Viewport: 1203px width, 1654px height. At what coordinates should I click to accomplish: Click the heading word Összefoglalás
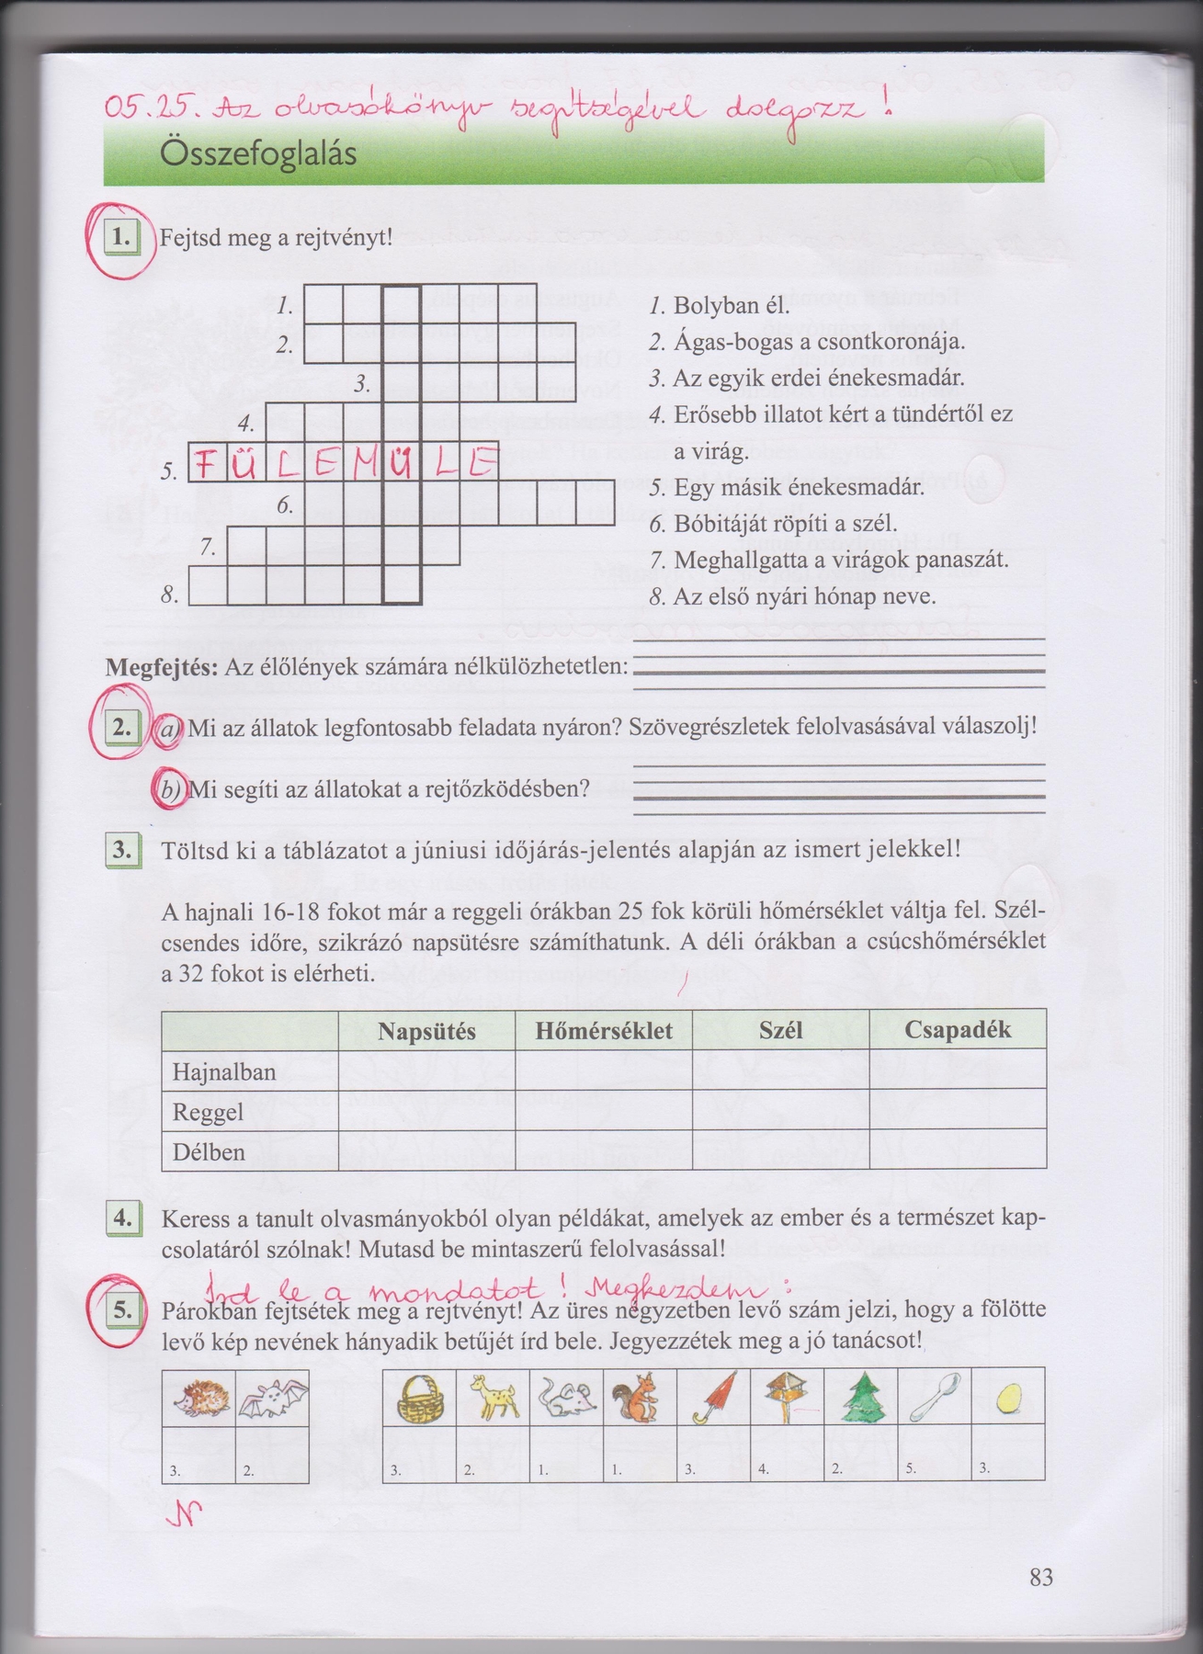[x=258, y=153]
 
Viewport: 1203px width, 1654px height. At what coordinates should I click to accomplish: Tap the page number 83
[x=1040, y=1578]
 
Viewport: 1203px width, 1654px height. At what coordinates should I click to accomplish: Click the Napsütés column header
[x=426, y=1031]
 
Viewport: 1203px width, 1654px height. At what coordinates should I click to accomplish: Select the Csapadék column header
[x=958, y=1030]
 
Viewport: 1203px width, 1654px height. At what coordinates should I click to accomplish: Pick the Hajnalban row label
[x=224, y=1071]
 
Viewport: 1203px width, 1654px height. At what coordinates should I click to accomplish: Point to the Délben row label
[x=210, y=1151]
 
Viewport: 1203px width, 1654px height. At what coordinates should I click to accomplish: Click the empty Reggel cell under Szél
[x=780, y=1111]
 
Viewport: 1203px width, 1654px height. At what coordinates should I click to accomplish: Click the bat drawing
[x=271, y=1399]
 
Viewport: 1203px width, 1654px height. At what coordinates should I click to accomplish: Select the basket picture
[x=419, y=1399]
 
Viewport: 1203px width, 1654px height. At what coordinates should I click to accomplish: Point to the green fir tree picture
[x=860, y=1399]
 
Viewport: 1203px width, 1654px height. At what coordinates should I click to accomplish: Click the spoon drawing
[x=934, y=1397]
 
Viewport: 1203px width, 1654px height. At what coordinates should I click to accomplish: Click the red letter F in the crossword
[x=206, y=464]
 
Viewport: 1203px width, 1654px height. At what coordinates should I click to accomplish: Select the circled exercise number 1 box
[x=121, y=238]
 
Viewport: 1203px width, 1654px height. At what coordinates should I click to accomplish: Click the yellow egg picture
[x=1007, y=1399]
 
